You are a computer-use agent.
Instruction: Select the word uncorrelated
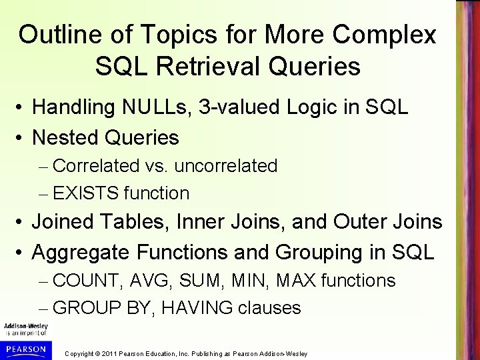tap(231, 165)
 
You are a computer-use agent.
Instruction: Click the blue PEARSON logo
tap(24, 349)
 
